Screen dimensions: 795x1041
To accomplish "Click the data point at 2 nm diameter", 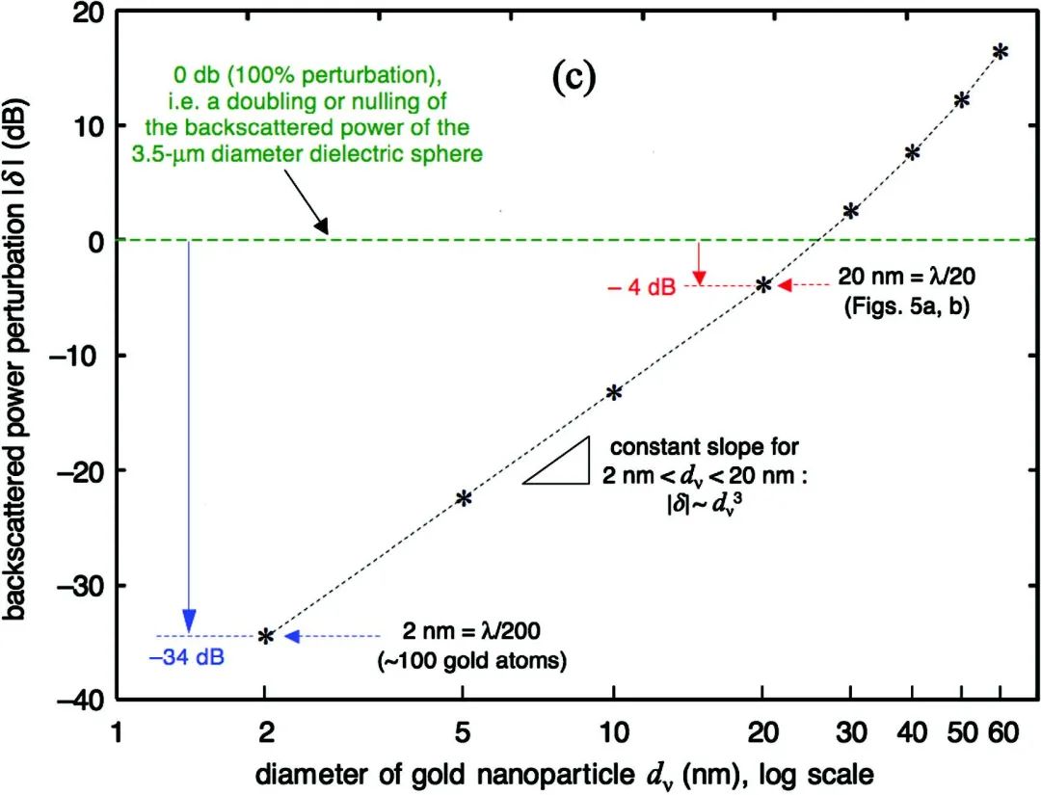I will [266, 636].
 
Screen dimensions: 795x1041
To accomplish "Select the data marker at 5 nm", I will [464, 498].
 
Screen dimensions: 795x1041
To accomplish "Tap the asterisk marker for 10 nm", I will [613, 392].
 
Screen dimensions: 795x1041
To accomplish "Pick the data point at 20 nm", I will [763, 284].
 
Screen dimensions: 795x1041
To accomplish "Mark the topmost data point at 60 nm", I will [1001, 51].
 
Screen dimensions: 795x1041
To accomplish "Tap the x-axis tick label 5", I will [464, 732].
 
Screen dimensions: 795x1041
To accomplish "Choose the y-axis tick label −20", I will [81, 470].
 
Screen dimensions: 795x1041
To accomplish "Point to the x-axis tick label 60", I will [1002, 732].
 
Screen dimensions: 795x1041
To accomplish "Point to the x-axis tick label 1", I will [117, 732].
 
